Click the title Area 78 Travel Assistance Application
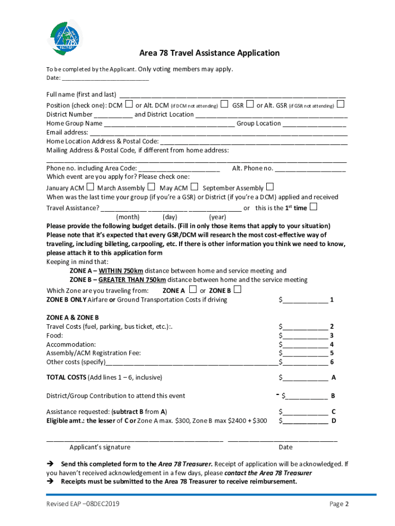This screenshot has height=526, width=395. (x=209, y=53)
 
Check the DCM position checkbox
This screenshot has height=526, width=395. (x=129, y=104)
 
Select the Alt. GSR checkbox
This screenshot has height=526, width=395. (x=340, y=104)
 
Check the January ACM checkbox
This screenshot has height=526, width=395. (x=90, y=187)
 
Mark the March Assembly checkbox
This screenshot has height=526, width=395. (x=151, y=187)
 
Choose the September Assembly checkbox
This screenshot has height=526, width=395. (x=270, y=187)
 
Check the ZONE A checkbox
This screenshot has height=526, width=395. (x=192, y=290)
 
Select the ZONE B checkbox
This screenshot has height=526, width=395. (x=237, y=290)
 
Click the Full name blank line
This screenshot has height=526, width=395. (x=232, y=95)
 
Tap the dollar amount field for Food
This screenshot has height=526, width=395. (x=305, y=335)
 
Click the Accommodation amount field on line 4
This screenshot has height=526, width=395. (x=305, y=344)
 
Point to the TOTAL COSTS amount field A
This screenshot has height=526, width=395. (x=305, y=378)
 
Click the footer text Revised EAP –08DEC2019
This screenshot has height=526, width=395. (x=83, y=504)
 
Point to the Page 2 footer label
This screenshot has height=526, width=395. (x=339, y=504)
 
